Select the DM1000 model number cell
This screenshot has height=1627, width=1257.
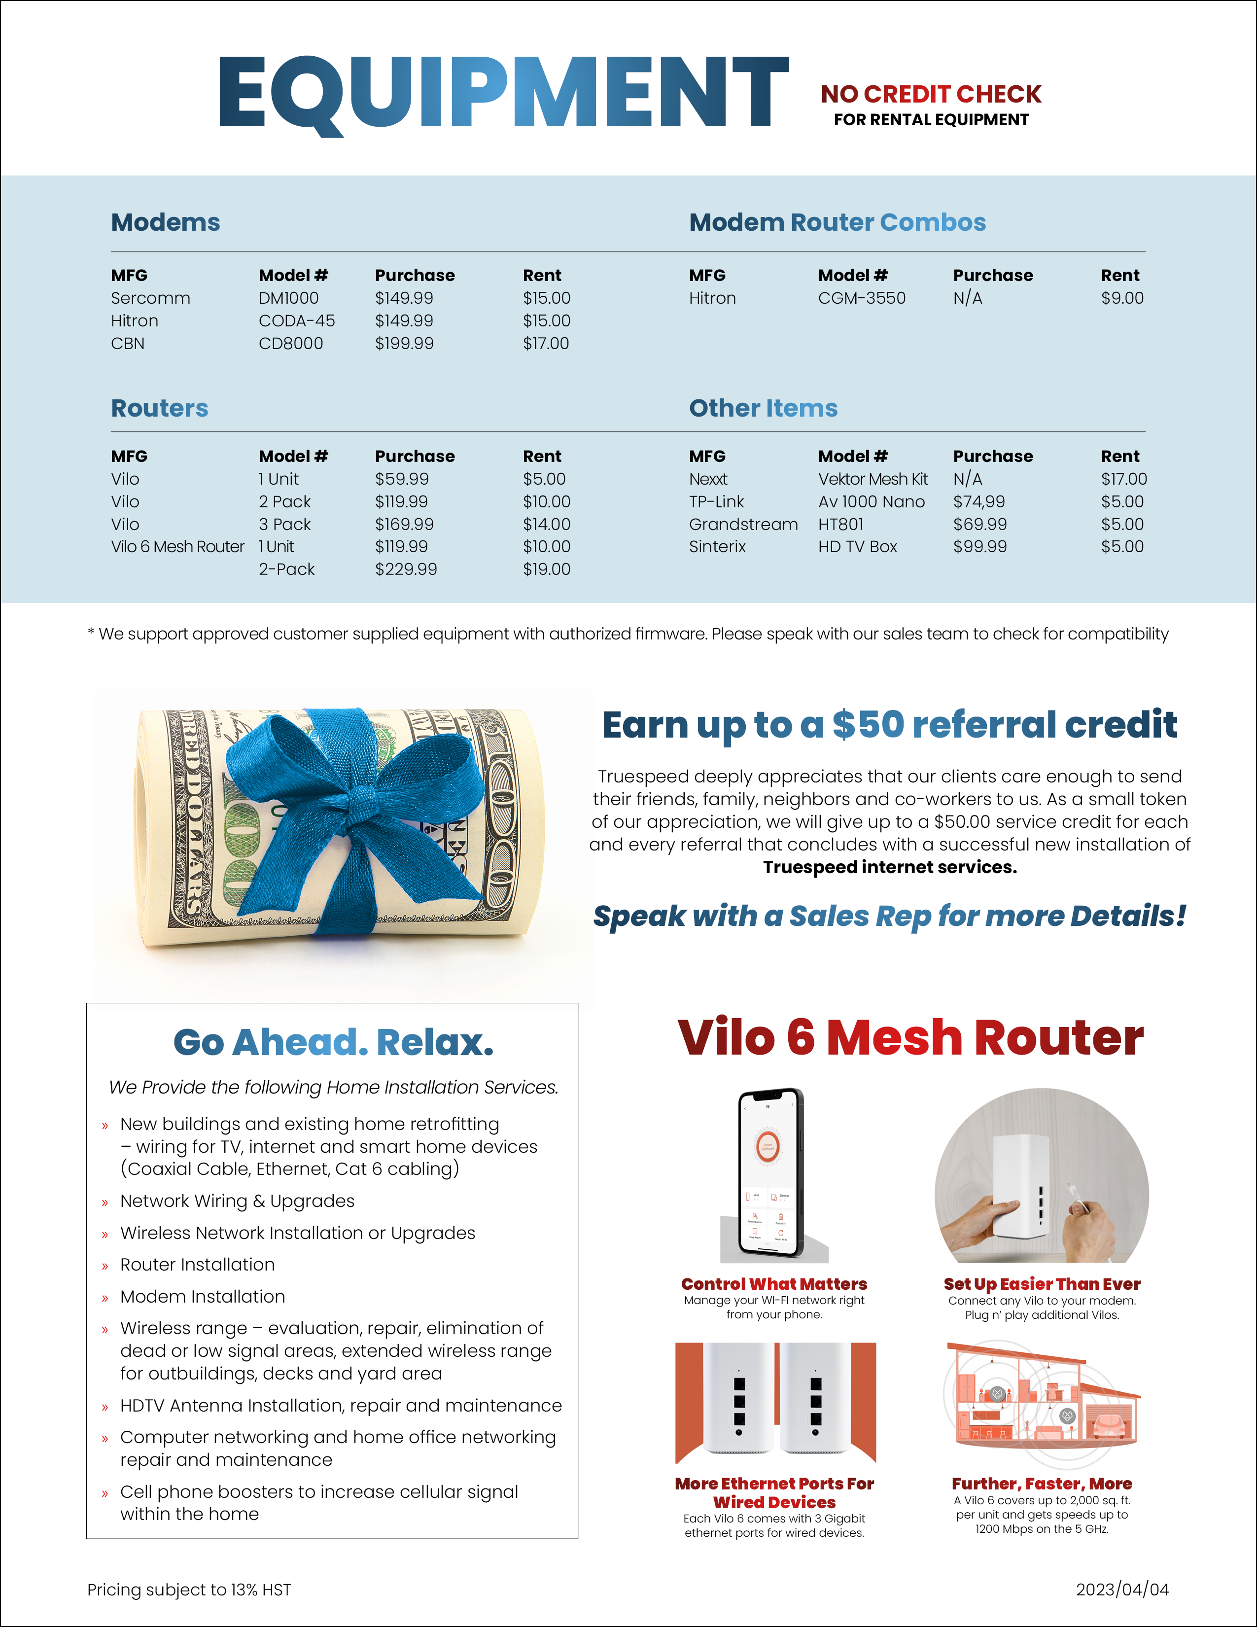(288, 298)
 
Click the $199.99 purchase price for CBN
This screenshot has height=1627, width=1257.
(404, 344)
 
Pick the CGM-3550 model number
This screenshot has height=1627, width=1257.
(862, 298)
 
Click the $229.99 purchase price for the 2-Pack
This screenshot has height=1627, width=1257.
(405, 569)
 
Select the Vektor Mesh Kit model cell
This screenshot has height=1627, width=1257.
(873, 479)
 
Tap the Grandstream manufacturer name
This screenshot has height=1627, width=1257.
(742, 525)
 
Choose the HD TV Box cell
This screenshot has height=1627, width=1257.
(857, 547)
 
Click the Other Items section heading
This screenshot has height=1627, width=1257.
(763, 408)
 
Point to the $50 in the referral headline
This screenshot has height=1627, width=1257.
(868, 725)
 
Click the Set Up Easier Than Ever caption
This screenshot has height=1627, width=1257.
(1042, 1283)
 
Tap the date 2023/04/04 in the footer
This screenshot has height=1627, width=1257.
(1121, 1589)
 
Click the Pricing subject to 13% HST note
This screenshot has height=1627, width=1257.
(189, 1590)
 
